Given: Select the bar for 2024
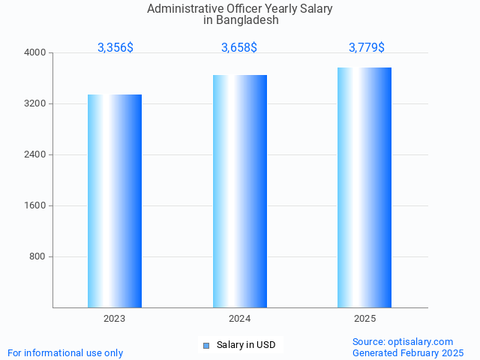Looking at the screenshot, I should pyautogui.click(x=240, y=191).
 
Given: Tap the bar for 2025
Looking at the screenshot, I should pyautogui.click(x=364, y=187).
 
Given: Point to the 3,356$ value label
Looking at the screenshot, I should pyautogui.click(x=115, y=47).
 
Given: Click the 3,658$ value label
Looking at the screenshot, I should pyautogui.click(x=239, y=47).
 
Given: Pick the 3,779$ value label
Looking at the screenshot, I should pyautogui.click(x=367, y=47).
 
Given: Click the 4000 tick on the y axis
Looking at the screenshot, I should pyautogui.click(x=36, y=52).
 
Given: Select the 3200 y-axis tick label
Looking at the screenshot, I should pyautogui.click(x=36, y=103).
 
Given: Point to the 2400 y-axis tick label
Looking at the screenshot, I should pyautogui.click(x=36, y=154).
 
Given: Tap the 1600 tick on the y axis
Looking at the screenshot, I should pyautogui.click(x=36, y=205).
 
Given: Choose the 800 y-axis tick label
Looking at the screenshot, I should pyautogui.click(x=38, y=256).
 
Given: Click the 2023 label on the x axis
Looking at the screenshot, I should pyautogui.click(x=115, y=319).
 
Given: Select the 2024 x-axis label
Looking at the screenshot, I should pyautogui.click(x=240, y=319).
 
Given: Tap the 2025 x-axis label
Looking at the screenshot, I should pyautogui.click(x=364, y=319).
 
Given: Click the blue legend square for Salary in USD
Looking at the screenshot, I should pyautogui.click(x=206, y=345).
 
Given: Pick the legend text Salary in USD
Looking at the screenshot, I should pyautogui.click(x=246, y=345).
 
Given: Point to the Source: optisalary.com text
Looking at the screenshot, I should pyautogui.click(x=403, y=341).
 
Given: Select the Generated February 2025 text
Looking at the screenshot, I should pyautogui.click(x=408, y=352).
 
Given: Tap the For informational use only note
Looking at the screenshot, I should pyautogui.click(x=65, y=352).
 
